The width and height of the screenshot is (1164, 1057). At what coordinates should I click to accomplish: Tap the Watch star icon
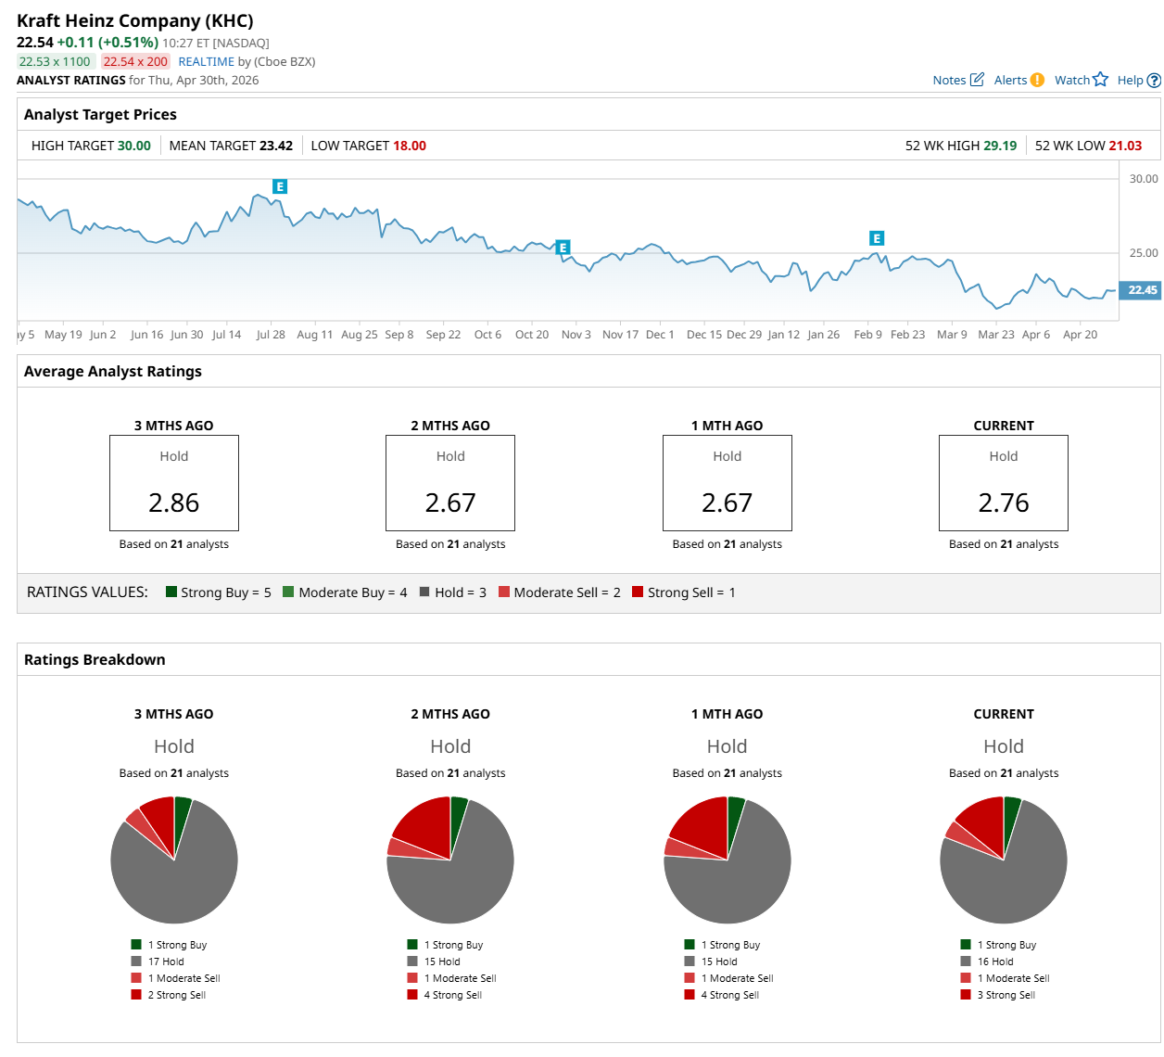(1100, 80)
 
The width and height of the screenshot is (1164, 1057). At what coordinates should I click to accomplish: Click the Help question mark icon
(1154, 81)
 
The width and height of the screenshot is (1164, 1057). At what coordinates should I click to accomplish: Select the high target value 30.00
(133, 146)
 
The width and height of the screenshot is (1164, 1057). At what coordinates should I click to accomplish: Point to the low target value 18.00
(409, 146)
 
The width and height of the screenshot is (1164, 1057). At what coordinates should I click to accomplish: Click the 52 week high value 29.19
(1000, 146)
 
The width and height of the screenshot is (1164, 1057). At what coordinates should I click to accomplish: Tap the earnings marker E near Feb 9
(877, 238)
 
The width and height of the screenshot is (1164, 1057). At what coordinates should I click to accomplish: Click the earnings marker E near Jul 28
(280, 186)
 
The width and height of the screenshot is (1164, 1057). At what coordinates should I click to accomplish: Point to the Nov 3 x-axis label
(576, 335)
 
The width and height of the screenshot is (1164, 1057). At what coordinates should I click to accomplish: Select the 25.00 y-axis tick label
(1144, 253)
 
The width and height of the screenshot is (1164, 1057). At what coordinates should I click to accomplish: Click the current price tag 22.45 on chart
(1142, 290)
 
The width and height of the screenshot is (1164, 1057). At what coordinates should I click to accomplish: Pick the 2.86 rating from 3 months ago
(174, 503)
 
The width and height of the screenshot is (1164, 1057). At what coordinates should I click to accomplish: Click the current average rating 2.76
(1004, 503)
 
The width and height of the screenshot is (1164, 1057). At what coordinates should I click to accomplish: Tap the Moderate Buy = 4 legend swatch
(288, 592)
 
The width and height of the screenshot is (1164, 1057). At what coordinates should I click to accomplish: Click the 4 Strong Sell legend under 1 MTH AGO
(729, 995)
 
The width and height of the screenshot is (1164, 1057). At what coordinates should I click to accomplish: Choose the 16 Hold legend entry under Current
(995, 961)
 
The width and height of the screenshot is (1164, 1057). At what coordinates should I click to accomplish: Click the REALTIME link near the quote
(206, 61)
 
